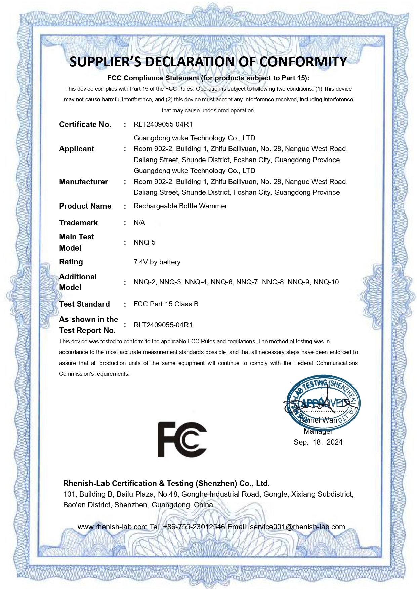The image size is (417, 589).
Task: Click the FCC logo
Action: (182, 439)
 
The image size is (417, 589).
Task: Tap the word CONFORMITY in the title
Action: (303, 62)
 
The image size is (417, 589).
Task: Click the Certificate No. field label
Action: (85, 124)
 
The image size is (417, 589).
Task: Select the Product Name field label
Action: (85, 206)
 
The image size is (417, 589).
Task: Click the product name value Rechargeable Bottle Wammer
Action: (180, 206)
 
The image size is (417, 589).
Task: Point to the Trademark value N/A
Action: (139, 223)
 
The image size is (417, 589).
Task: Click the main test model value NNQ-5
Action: (144, 242)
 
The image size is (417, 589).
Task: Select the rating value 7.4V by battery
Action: (157, 262)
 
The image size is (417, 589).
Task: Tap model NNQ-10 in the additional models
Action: (326, 282)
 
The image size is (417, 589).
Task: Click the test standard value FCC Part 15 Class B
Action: (166, 304)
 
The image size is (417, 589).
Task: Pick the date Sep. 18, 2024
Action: (318, 442)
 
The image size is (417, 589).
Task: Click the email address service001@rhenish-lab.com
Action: (297, 527)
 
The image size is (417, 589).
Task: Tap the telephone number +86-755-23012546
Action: (194, 527)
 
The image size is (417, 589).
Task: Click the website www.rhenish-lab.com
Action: (113, 527)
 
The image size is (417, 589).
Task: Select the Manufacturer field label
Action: (83, 182)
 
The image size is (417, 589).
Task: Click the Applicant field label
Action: (77, 149)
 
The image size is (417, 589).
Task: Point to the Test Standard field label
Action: (84, 304)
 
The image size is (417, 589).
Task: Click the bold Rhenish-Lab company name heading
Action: (166, 483)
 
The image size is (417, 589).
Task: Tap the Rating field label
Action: (71, 262)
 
